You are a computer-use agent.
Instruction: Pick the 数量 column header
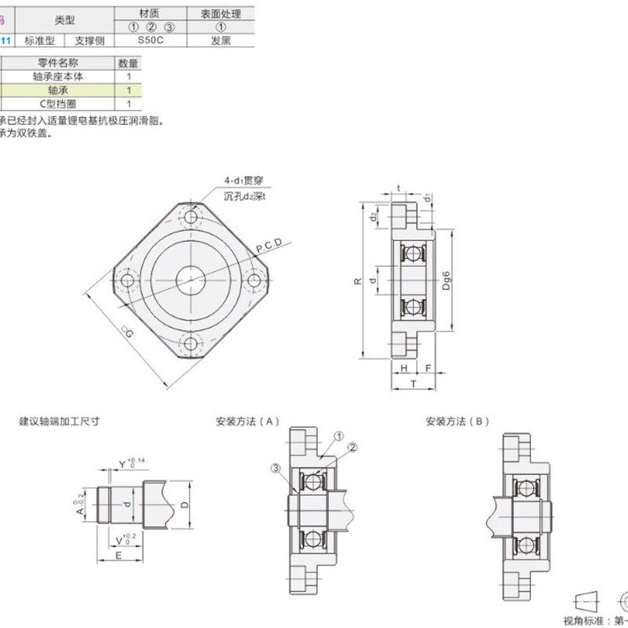pyautogui.click(x=128, y=63)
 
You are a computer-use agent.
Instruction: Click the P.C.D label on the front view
pyautogui.click(x=268, y=246)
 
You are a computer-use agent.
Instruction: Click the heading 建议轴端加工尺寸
pyautogui.click(x=59, y=421)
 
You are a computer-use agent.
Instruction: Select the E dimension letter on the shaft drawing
pyautogui.click(x=119, y=553)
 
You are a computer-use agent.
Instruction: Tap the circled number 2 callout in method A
pyautogui.click(x=352, y=447)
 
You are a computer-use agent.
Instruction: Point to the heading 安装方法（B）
pyautogui.click(x=457, y=421)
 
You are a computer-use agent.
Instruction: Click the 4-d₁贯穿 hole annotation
pyautogui.click(x=243, y=181)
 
